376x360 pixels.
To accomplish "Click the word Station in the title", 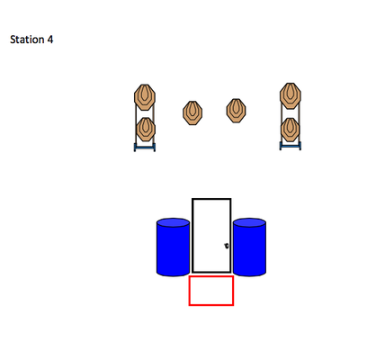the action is click(x=27, y=40).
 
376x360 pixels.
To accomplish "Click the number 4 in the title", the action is click(x=50, y=40).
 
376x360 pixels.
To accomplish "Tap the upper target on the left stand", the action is click(x=145, y=97).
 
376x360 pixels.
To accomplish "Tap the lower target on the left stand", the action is click(x=146, y=130).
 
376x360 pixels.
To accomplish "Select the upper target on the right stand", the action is click(x=291, y=95).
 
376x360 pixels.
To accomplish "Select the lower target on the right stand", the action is click(x=290, y=130).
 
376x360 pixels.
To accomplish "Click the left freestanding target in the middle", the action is click(x=192, y=112).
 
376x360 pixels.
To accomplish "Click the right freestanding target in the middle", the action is click(x=236, y=111).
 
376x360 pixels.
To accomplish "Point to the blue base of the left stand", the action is click(x=145, y=147).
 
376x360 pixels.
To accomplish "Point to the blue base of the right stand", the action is click(x=291, y=146).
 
